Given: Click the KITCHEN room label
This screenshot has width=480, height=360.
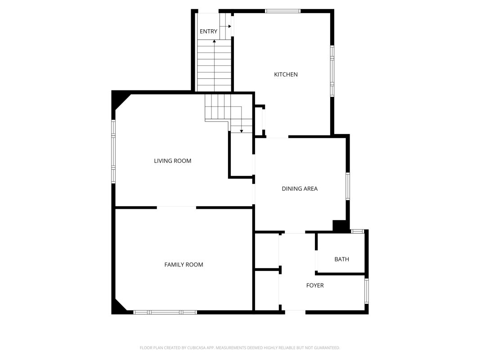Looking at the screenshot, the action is pos(286,74).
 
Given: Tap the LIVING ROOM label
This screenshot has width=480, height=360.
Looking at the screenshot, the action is pos(172,161).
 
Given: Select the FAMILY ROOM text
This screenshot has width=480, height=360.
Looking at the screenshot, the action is pos(184,265).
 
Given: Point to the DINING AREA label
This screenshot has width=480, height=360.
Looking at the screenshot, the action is pos(300,189).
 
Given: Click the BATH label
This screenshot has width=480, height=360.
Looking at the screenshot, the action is pos(341,259).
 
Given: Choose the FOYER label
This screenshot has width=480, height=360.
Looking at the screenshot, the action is pos(315,285).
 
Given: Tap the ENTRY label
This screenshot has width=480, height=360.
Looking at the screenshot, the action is pos(208,31).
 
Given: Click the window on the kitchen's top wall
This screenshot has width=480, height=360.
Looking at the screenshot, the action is pos(283,11).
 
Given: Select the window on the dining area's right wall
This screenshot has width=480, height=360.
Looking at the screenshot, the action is pos(348,186).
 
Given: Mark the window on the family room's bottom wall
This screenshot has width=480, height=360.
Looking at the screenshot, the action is pos(165,312).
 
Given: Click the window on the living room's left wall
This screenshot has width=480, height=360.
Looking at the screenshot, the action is pos(113,152).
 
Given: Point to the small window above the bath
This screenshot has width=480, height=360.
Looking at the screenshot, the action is pos(357,231).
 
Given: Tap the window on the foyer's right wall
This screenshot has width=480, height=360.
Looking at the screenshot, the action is pos(367,291).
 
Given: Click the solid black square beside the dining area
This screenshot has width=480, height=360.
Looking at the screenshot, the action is pos(339,225).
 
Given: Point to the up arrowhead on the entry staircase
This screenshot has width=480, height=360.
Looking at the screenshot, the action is pos(214,41).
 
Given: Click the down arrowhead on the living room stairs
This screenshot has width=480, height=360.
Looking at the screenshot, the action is pos(242,131).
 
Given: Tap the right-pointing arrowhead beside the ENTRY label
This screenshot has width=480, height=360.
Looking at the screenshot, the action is pos(229,27).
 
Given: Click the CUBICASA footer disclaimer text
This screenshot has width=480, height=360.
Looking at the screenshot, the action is pos(240,348).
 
